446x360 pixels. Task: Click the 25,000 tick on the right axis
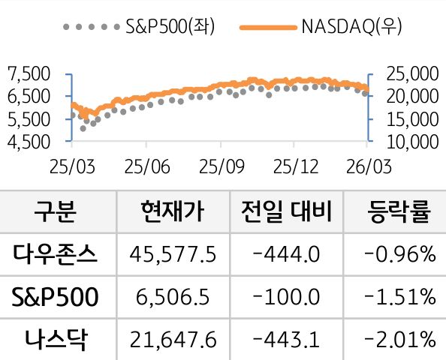(x=410, y=73)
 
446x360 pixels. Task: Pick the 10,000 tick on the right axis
(x=410, y=140)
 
